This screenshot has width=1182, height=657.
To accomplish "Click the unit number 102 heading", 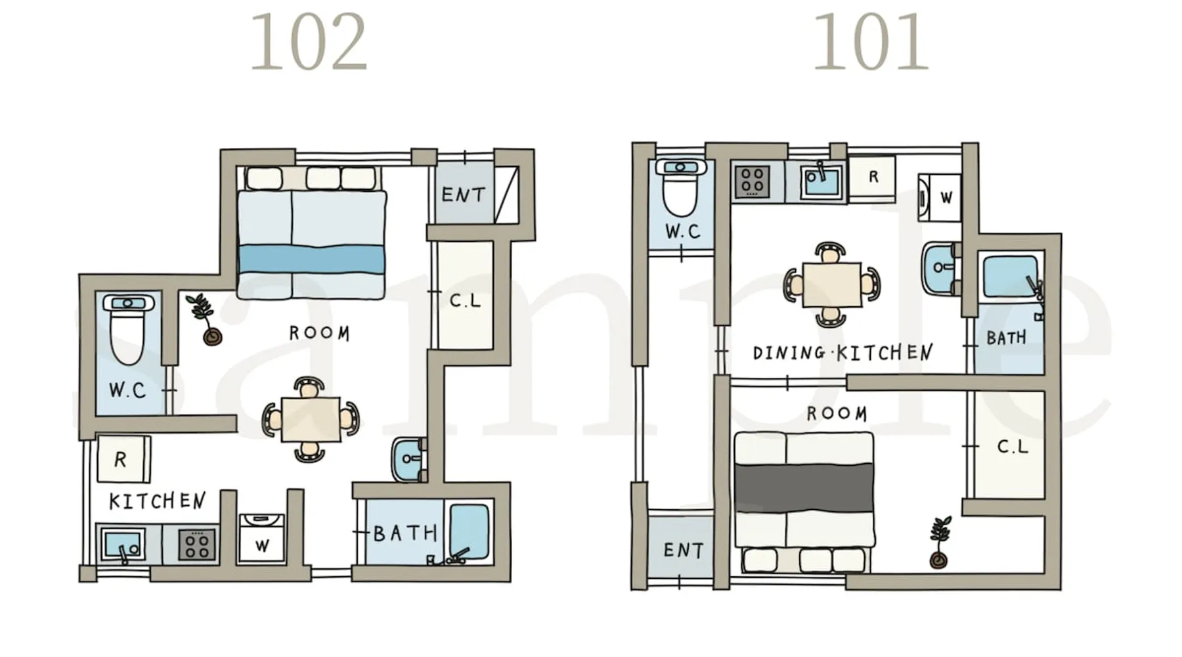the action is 308,43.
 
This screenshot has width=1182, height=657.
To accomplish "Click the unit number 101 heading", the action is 871,43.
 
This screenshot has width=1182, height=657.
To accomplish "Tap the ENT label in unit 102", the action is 463,194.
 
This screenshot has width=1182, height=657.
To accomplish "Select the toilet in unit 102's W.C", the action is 127,329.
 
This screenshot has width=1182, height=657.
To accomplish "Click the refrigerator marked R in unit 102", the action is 123,459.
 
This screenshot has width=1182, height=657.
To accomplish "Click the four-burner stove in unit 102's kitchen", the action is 197,544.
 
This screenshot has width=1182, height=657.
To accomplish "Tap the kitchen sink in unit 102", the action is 122,545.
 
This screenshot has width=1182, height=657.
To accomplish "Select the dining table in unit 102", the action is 311,419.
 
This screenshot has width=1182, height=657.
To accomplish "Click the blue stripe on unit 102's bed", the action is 311,260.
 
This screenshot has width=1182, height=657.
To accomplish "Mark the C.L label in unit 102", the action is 465,300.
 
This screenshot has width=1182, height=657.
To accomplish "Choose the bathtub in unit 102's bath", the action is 470,532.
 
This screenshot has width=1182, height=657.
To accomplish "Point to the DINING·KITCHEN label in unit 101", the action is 843,353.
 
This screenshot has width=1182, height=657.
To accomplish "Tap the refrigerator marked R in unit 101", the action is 873,177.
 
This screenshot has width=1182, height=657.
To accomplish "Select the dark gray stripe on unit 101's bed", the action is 804,488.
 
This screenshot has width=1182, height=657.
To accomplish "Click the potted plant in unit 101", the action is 939,543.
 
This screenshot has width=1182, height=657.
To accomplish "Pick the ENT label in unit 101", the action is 683,550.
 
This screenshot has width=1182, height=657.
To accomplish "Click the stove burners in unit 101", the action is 752,181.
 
